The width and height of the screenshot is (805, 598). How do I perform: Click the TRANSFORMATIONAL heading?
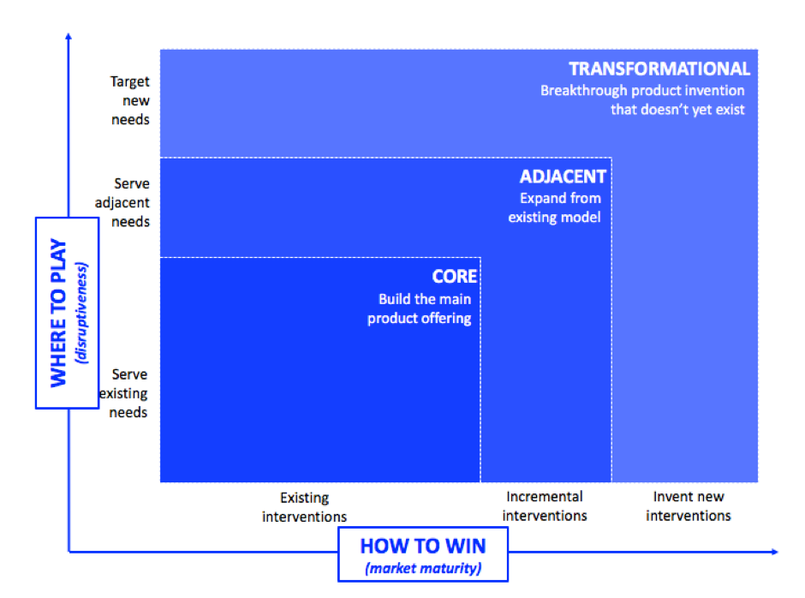click(x=659, y=69)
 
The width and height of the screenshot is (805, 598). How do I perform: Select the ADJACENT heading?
click(x=563, y=176)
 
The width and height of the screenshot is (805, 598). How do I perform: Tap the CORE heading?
click(x=455, y=277)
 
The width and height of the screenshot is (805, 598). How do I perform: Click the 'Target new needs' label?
click(x=130, y=100)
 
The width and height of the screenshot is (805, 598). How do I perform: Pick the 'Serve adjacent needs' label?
click(x=122, y=202)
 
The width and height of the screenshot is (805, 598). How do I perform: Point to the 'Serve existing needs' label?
click(x=123, y=393)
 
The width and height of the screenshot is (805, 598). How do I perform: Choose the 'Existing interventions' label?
click(x=304, y=507)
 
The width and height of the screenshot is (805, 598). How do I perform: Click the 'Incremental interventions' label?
click(x=545, y=506)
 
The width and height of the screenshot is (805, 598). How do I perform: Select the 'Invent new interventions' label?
click(x=689, y=506)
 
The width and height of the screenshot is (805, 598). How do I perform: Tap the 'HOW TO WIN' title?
click(x=423, y=546)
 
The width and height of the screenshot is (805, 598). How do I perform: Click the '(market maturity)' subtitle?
click(x=423, y=568)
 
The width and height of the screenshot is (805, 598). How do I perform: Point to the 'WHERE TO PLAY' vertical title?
click(x=58, y=313)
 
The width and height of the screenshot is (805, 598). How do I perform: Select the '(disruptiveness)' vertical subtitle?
click(x=81, y=313)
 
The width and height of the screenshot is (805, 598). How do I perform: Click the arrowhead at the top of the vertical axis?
click(x=69, y=36)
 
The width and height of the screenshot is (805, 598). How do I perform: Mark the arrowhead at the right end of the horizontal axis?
click(x=775, y=552)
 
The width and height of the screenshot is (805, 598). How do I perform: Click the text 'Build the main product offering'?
click(x=420, y=308)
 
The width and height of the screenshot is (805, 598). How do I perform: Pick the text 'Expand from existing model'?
click(x=554, y=207)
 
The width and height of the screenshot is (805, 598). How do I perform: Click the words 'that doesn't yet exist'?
click(x=677, y=110)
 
